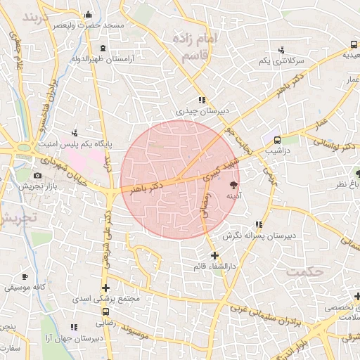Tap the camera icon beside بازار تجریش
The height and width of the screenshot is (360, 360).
click(x=37, y=175)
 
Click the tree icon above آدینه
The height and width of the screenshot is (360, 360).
click(x=233, y=185)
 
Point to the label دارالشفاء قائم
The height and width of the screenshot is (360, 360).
click(x=214, y=266)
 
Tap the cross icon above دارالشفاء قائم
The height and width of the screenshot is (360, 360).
click(x=214, y=255)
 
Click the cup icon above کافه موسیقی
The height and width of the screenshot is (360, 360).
click(x=26, y=277)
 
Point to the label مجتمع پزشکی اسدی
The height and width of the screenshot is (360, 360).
click(x=108, y=299)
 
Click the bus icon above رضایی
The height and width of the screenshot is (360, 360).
click(x=105, y=312)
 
